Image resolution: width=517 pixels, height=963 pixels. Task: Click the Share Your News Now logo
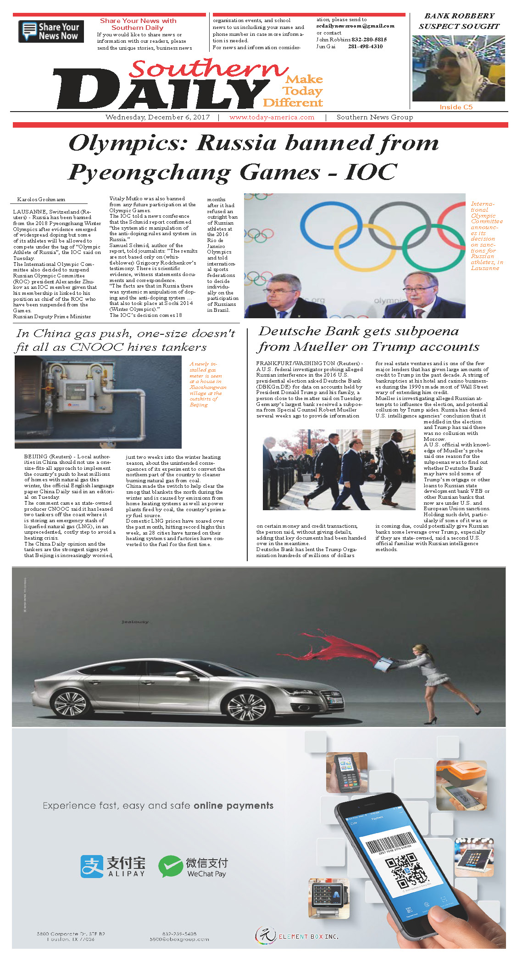51,32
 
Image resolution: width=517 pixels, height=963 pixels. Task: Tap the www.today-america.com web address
272,117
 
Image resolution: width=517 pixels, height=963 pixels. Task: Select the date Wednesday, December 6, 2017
157,117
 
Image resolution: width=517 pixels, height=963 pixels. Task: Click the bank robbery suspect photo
458,68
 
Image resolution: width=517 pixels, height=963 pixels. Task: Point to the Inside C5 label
456,107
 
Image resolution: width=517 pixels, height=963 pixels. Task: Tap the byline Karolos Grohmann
41,199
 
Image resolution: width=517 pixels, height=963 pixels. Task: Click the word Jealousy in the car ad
135,622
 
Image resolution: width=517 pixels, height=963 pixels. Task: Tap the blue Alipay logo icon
92,866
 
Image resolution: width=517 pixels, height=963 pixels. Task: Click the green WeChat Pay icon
170,866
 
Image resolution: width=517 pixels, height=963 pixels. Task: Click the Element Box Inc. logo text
308,936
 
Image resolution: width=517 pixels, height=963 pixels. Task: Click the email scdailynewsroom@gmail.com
355,26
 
